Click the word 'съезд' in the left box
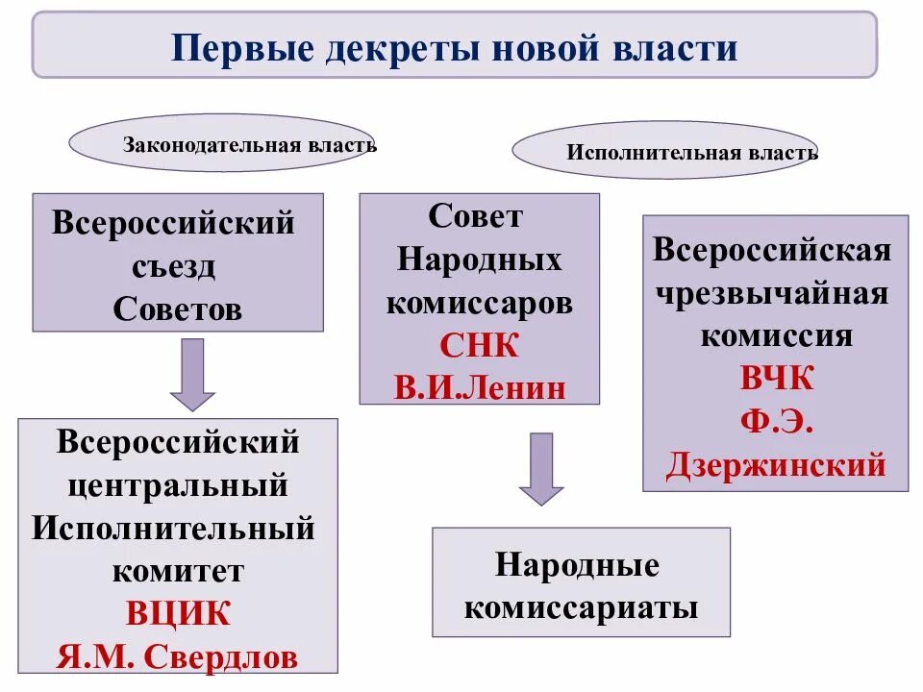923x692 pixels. pyautogui.click(x=175, y=266)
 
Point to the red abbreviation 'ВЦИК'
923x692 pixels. pyautogui.click(x=178, y=613)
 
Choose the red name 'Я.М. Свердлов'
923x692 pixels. pyautogui.click(x=178, y=656)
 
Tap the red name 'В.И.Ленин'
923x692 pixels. pyautogui.click(x=480, y=386)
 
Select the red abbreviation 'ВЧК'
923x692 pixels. pyautogui.click(x=776, y=379)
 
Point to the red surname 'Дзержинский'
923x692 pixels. pyautogui.click(x=775, y=465)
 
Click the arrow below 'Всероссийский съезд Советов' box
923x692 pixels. pyautogui.click(x=192, y=373)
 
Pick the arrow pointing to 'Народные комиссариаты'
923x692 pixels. pyautogui.click(x=541, y=467)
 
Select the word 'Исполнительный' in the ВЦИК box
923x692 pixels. pyautogui.click(x=173, y=528)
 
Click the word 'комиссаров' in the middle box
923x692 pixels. pyautogui.click(x=479, y=303)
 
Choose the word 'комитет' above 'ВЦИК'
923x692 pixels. pyautogui.click(x=178, y=571)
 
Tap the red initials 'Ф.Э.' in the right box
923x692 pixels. pyautogui.click(x=775, y=422)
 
